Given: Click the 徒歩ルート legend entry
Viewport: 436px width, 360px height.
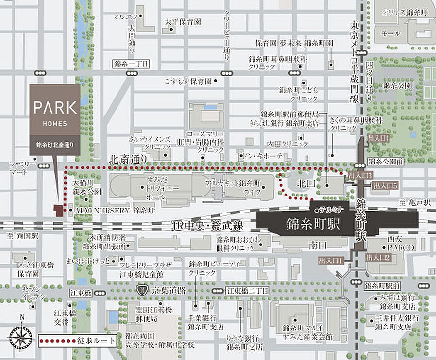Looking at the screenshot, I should [78, 340].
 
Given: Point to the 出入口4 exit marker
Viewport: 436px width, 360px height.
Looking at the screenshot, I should [378, 138].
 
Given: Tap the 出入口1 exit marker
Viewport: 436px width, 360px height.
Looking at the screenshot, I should [331, 261].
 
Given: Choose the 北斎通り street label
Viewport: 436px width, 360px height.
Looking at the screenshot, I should [128, 158].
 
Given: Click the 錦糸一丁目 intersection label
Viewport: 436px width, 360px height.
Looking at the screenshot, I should [131, 64].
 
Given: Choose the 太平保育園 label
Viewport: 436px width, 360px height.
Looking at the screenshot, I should [183, 22].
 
